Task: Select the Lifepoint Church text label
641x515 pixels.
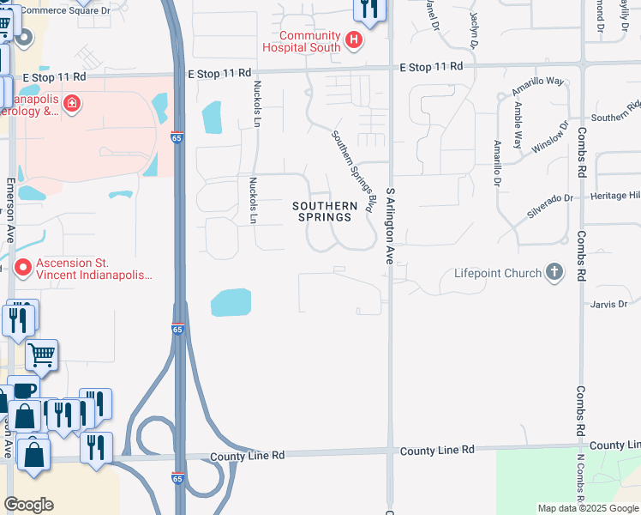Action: (x=496, y=274)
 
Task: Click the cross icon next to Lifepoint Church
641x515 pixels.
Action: (x=554, y=273)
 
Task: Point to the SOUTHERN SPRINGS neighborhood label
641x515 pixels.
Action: (x=325, y=211)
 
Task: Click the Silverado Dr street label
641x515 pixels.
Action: (x=549, y=198)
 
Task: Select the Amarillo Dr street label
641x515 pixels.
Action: (x=496, y=163)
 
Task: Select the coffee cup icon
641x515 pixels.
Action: (x=24, y=391)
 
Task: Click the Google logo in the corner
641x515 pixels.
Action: (x=28, y=505)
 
